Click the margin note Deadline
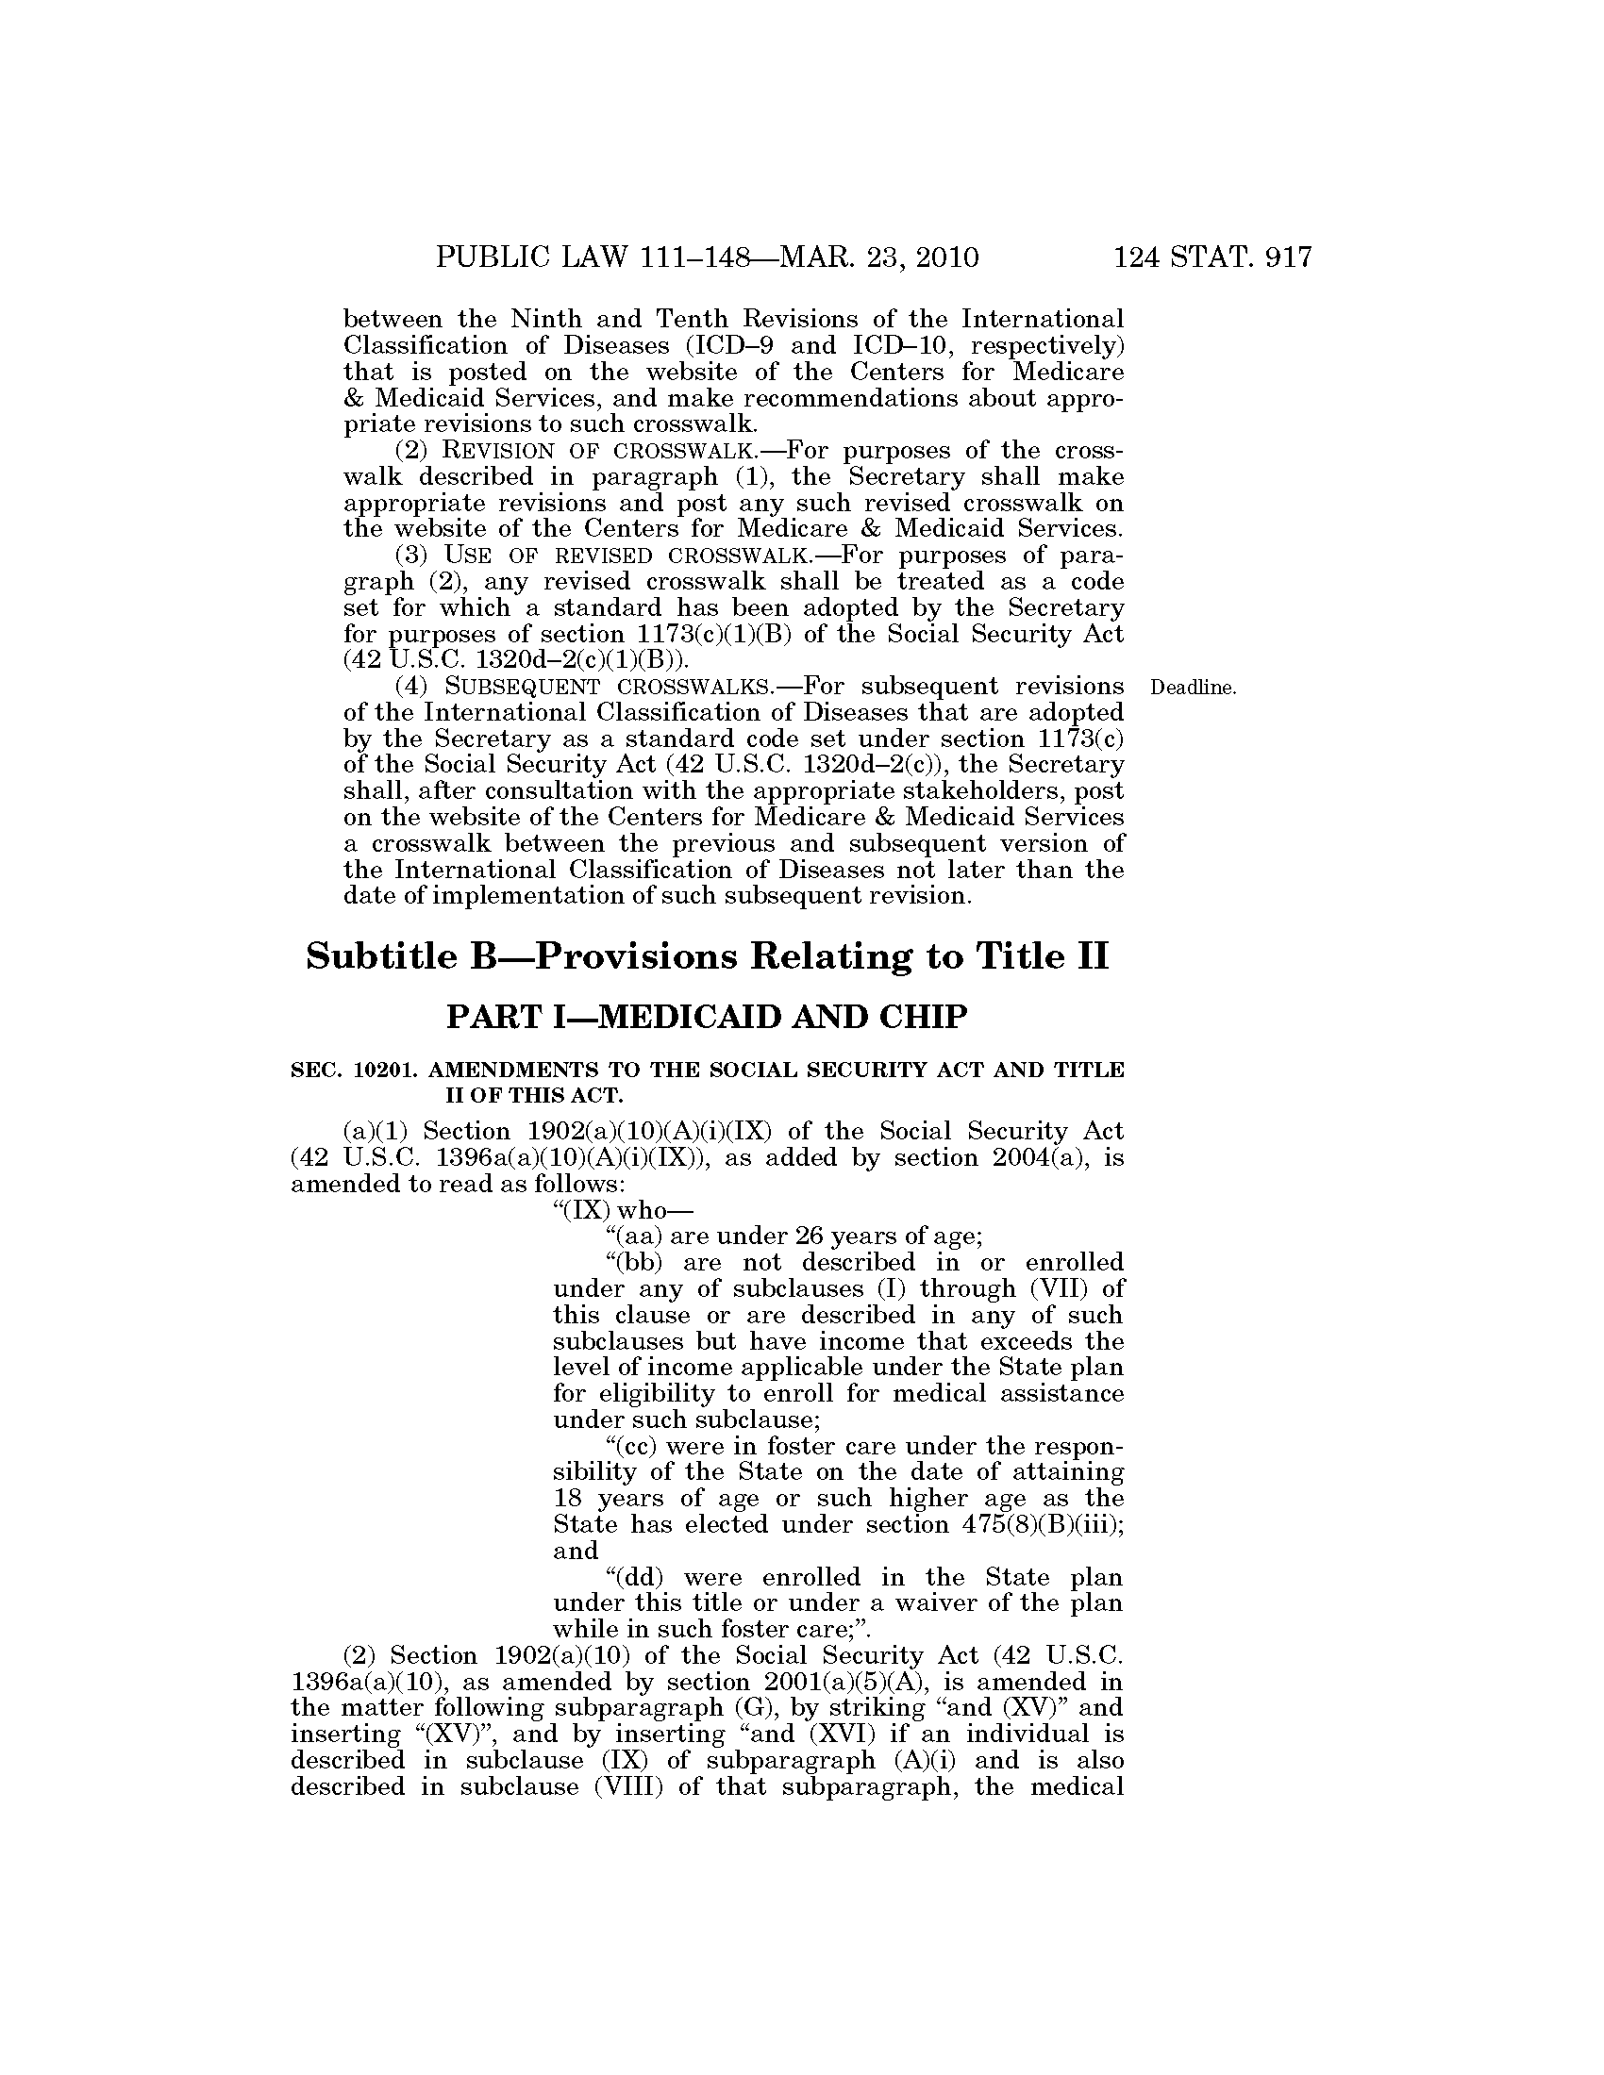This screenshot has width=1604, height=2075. coord(1193,688)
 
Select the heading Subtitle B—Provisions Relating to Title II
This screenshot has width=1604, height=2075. coord(707,955)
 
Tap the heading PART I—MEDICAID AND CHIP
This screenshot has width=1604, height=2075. coord(707,1018)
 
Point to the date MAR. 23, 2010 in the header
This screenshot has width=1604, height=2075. coord(878,257)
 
